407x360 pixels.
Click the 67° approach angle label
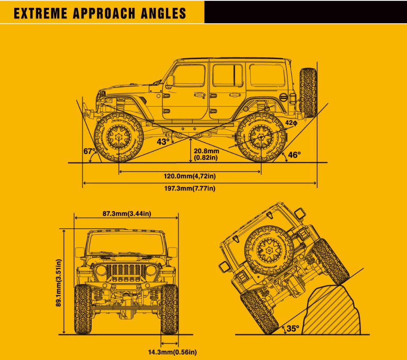pos(89,152)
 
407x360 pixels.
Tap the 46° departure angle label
pos(294,155)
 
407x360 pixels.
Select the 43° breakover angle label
pos(163,142)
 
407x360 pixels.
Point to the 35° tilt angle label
pos(292,329)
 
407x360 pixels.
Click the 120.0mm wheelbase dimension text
pos(190,176)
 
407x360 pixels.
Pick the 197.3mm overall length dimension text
pos(190,188)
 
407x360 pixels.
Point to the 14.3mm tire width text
pos(172,352)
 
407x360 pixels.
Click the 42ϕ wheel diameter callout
pos(291,123)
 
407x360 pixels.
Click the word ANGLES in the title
pos(164,13)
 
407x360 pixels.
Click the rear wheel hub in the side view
pos(261,137)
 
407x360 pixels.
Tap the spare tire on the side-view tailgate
pos(308,92)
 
